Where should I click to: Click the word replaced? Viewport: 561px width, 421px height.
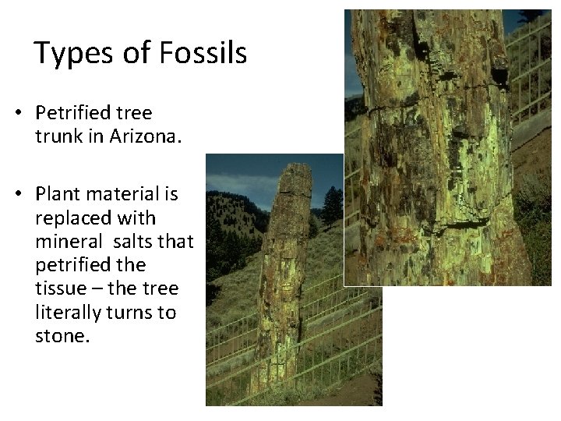(69, 218)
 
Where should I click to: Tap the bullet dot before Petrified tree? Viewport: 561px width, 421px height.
(17, 115)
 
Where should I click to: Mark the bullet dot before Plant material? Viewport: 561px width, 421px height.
(17, 194)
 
